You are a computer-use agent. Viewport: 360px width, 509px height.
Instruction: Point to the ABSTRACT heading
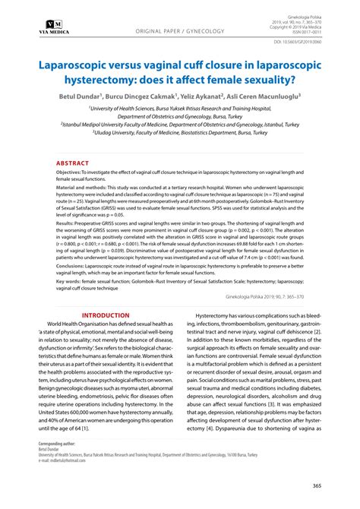72,163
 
